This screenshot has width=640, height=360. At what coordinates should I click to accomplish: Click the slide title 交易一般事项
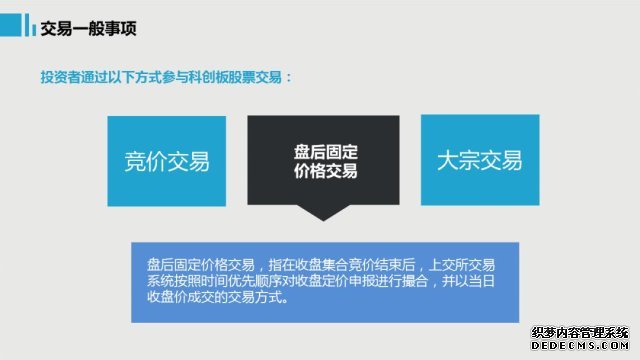88,29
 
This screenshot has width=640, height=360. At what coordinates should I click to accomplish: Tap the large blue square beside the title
10,25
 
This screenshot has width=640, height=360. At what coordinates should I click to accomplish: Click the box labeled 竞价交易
167,161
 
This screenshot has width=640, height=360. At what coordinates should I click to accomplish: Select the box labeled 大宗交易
480,160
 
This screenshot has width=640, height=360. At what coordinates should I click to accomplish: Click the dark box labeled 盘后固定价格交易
323,160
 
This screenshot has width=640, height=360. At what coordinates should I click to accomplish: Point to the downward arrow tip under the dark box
323,221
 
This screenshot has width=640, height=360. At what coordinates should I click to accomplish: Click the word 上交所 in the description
448,265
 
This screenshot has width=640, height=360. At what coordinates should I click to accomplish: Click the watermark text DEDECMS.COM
580,345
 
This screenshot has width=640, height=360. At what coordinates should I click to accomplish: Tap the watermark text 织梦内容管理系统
580,333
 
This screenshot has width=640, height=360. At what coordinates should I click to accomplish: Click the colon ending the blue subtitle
289,78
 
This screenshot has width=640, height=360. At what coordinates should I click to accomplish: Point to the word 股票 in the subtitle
242,77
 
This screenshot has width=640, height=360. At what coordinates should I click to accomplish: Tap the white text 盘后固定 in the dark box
326,152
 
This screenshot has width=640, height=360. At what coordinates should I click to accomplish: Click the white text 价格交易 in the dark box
326,171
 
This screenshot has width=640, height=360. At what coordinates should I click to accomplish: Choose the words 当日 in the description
482,281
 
